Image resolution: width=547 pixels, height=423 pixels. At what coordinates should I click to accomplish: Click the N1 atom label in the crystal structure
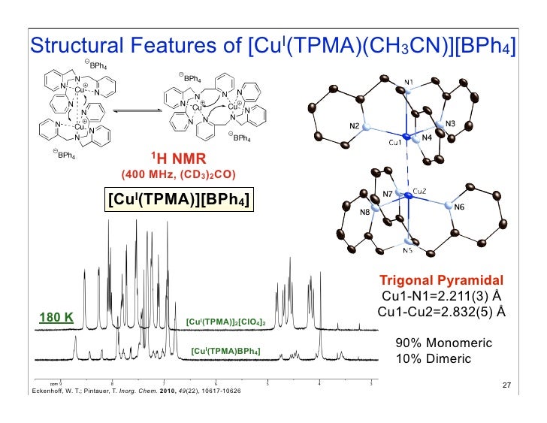(x=408, y=81)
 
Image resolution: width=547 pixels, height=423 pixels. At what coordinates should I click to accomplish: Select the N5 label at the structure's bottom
(x=406, y=251)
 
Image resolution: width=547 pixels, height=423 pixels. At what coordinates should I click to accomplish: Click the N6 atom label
(x=459, y=208)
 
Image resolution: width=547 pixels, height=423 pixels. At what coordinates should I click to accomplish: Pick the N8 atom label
(x=364, y=213)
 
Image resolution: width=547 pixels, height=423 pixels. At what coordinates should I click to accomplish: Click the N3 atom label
(x=451, y=123)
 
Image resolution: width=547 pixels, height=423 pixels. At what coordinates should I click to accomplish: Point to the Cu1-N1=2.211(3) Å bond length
(x=440, y=295)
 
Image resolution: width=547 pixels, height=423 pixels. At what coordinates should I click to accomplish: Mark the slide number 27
(x=506, y=386)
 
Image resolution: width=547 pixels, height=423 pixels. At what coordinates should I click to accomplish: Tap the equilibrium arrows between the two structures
(x=134, y=107)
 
